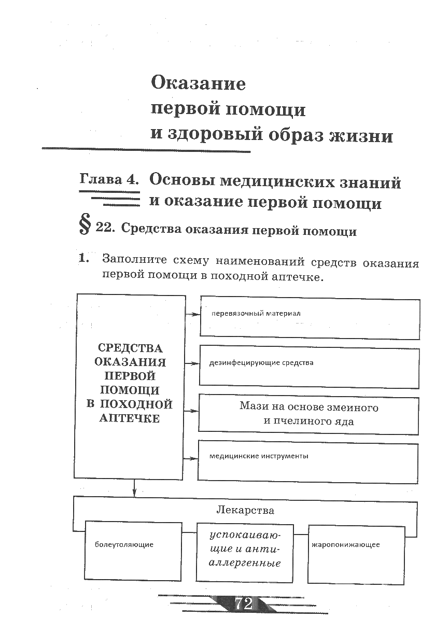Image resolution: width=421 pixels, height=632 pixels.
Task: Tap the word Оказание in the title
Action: point(198,83)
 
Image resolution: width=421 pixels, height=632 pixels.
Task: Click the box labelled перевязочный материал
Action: point(310,316)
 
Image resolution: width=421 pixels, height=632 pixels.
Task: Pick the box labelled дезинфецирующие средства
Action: point(309,367)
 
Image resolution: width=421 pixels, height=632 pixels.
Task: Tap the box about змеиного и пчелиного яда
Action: point(308,414)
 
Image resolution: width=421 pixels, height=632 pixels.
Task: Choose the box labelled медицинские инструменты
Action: point(308,460)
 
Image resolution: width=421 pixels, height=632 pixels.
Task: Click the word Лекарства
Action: point(245,510)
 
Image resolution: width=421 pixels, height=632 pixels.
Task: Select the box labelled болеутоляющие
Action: point(133,551)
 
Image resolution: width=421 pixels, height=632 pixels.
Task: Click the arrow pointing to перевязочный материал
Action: point(193,314)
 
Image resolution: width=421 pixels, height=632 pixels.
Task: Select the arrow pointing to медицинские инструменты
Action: point(191,458)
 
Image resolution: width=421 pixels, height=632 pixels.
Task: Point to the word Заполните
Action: point(134,259)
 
